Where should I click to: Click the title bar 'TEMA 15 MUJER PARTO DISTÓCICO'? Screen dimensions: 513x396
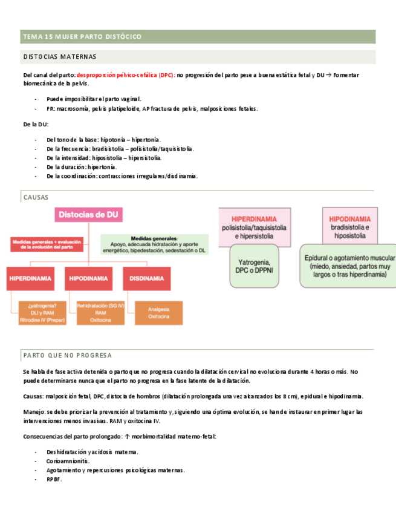82,37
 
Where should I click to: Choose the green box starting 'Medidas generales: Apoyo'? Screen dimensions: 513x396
154,243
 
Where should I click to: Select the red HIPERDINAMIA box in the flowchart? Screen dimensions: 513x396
30,278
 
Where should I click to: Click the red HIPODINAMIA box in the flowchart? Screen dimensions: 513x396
88,278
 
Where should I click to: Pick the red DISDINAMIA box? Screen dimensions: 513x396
146,278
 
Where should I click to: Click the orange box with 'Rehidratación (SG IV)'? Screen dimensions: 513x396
100,313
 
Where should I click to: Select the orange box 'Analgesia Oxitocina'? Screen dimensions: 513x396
158,313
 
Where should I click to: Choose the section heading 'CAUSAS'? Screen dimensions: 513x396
35,197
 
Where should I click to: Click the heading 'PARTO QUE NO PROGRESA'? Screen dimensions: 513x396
67,355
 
